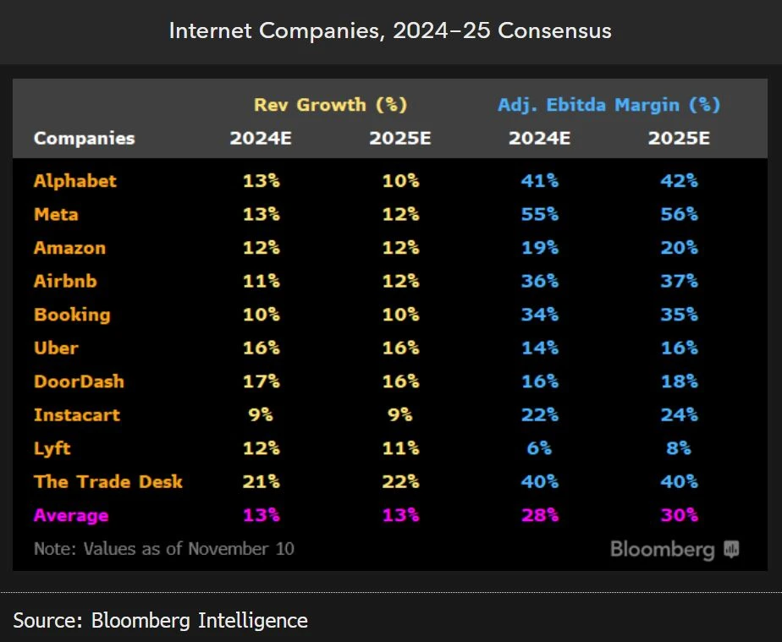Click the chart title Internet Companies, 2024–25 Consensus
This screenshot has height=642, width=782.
coord(390,31)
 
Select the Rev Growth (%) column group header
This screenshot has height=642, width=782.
coord(330,105)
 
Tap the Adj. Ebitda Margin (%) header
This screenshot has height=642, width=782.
coord(609,105)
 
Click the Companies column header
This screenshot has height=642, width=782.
coord(84,138)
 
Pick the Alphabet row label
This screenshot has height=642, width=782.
coord(75,181)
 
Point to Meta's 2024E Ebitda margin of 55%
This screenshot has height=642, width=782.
coord(539,214)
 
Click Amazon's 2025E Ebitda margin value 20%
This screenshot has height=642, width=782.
coord(679,248)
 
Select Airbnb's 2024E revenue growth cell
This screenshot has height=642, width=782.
coord(261,281)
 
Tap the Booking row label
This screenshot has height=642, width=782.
coord(72,315)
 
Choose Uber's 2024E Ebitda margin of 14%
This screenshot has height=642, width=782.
coord(539,348)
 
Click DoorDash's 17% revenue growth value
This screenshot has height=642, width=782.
coord(261,381)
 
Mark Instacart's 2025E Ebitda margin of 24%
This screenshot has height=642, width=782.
coord(679,414)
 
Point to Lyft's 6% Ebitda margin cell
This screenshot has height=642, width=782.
coord(539,448)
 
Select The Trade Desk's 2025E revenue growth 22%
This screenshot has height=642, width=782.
coord(399,481)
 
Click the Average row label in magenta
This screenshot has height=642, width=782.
coord(71,515)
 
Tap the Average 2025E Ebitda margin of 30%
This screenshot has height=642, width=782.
coord(679,515)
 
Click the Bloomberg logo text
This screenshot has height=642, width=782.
coord(662,550)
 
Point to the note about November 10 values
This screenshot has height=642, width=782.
coord(164,548)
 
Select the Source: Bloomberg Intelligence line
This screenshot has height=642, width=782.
coord(160,620)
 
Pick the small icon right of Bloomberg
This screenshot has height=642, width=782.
coord(731,550)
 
